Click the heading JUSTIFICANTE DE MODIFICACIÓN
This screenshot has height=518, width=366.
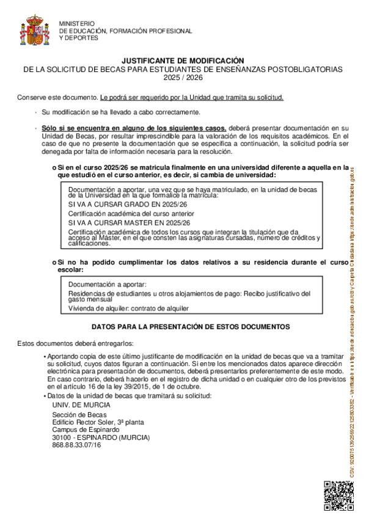[183, 61]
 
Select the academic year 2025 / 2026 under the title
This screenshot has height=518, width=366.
[183, 78]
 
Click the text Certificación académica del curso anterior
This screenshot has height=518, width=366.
[131, 214]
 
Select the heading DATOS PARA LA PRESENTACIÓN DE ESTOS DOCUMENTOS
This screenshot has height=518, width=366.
[190, 327]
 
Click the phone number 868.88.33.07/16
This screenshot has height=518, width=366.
[77, 445]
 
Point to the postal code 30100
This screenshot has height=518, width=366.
[62, 437]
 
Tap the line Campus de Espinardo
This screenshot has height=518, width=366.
[82, 430]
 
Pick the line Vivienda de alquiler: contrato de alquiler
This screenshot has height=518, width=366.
[128, 309]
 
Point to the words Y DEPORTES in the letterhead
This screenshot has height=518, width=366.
[78, 38]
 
